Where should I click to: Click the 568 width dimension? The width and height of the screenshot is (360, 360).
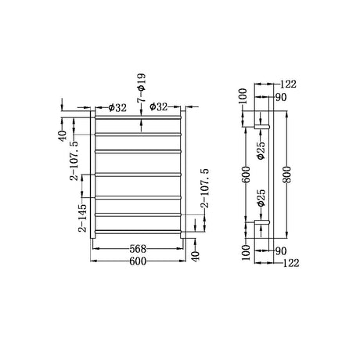coord(138,249)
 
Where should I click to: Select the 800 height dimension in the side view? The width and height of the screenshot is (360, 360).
coord(287,175)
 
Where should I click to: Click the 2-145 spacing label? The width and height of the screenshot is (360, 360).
coord(83,218)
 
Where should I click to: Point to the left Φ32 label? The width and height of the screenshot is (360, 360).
coord(117,107)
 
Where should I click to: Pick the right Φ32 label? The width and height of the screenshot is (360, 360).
coord(158,106)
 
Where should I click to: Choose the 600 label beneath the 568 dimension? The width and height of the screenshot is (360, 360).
coord(138,261)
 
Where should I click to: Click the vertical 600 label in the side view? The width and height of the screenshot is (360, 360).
coord(247,175)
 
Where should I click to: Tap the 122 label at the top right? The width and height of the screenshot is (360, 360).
coord(288,85)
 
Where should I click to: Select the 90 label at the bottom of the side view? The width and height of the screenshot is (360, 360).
coord(281,251)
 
